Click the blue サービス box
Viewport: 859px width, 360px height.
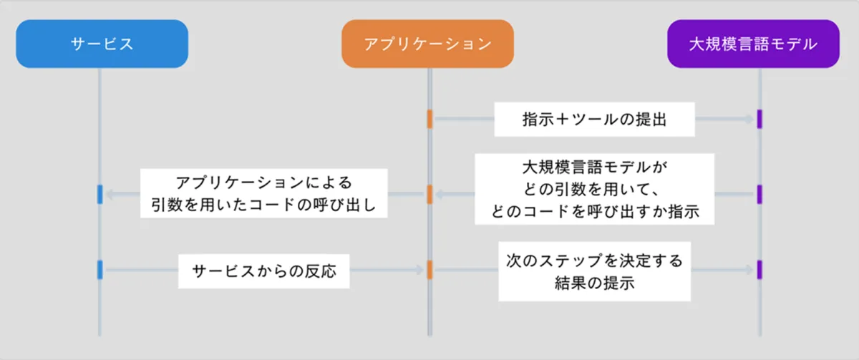click(x=102, y=44)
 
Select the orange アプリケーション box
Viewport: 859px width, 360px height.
click(x=427, y=44)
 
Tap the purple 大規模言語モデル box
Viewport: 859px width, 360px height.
click(x=753, y=44)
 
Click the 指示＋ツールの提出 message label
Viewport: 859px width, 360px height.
click(x=594, y=120)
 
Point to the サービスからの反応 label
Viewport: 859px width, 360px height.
click(x=263, y=271)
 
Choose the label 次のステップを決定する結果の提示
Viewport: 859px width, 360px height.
click(x=594, y=270)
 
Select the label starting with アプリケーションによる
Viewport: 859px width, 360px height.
click(x=263, y=193)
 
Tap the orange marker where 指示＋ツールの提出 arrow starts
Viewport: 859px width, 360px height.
click(x=429, y=120)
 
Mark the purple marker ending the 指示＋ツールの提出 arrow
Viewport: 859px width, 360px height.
click(x=759, y=120)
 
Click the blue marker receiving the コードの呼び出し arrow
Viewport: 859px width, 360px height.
click(x=100, y=194)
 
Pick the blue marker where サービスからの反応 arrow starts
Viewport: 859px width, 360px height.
click(x=100, y=270)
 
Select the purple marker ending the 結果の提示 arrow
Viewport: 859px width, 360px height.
click(x=759, y=270)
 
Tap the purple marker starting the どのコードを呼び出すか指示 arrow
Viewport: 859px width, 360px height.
click(x=759, y=194)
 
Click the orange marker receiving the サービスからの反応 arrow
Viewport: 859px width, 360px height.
click(x=429, y=270)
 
